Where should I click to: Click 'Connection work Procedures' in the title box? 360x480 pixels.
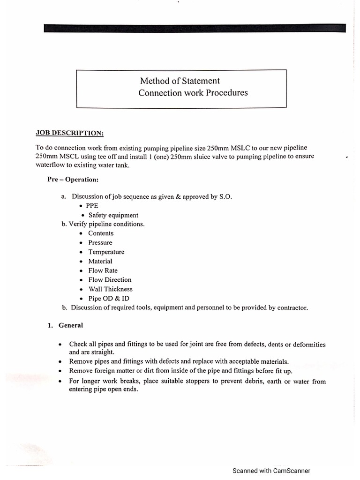pyautogui.click(x=193, y=93)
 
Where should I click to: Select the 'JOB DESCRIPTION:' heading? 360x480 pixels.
pyautogui.click(x=70, y=133)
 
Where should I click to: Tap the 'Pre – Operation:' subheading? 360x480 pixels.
pyautogui.click(x=73, y=180)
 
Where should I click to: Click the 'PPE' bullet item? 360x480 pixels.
pyautogui.click(x=92, y=206)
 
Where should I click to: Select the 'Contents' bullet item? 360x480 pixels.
pyautogui.click(x=101, y=233)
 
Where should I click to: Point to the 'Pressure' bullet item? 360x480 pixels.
pyautogui.click(x=100, y=242)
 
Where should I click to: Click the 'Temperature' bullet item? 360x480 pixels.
pyautogui.click(x=106, y=252)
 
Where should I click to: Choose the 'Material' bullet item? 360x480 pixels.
pyautogui.click(x=100, y=261)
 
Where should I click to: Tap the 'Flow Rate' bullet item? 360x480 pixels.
pyautogui.click(x=103, y=270)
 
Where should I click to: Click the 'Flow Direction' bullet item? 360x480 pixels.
pyautogui.click(x=110, y=280)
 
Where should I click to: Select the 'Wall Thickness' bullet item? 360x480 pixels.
pyautogui.click(x=110, y=289)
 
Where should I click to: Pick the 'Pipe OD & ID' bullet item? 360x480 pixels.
pyautogui.click(x=109, y=299)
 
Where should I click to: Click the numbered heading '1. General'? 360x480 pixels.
pyautogui.click(x=66, y=325)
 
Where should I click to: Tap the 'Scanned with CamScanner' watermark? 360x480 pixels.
pyautogui.click(x=271, y=471)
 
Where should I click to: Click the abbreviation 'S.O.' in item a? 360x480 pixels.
pyautogui.click(x=225, y=196)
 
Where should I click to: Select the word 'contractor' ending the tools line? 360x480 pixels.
pyautogui.click(x=292, y=308)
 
